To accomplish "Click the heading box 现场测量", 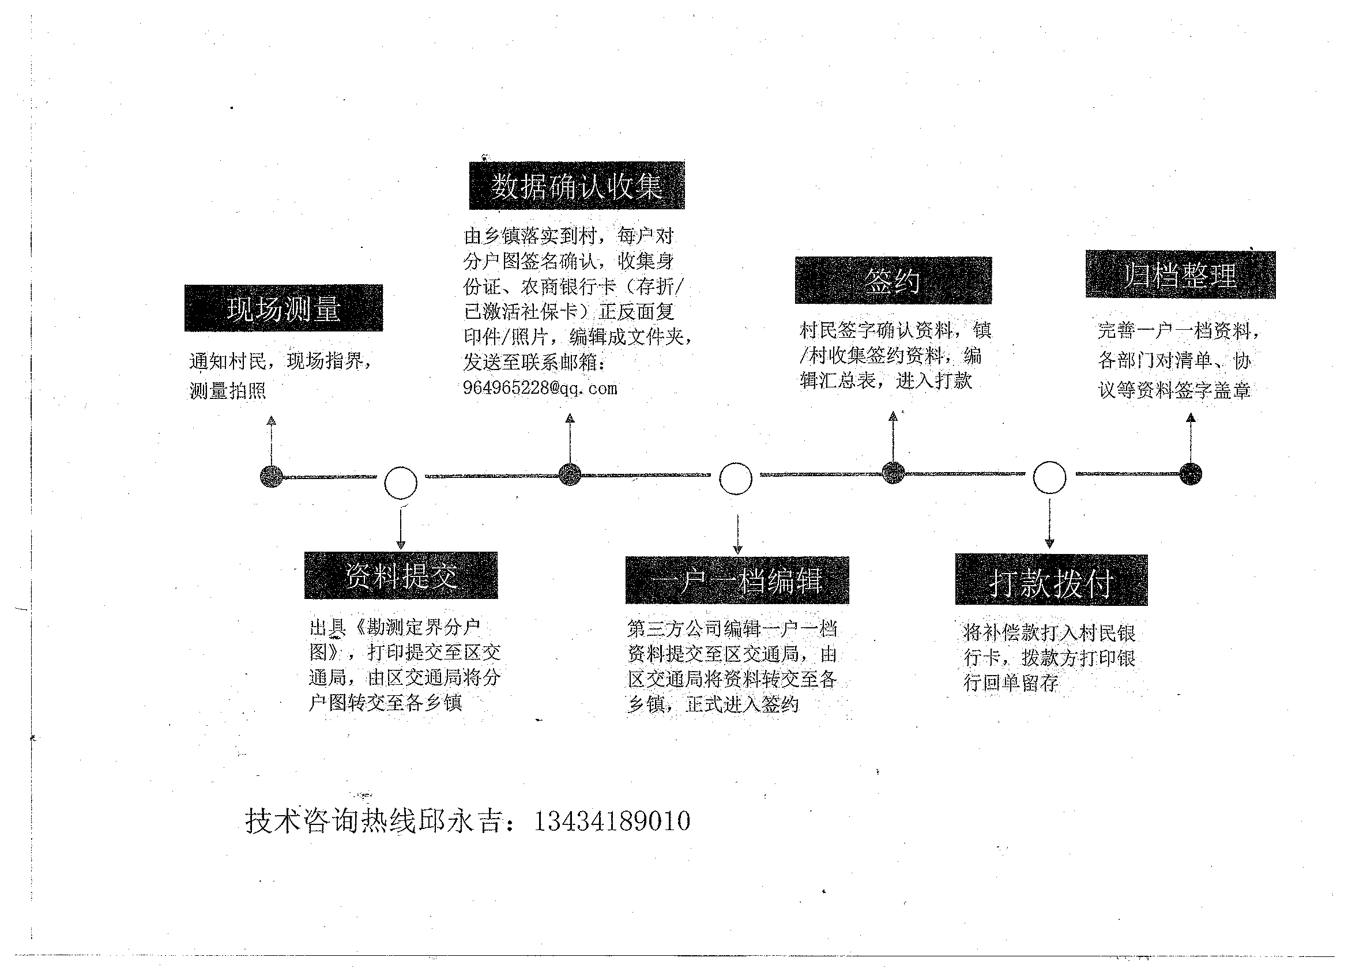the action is tap(284, 308).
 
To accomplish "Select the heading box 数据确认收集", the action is tap(577, 186).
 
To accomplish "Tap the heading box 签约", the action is tap(893, 280).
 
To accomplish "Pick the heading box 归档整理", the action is tap(1180, 274).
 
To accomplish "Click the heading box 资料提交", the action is tap(401, 575).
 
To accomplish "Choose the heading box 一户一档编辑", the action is tap(737, 580).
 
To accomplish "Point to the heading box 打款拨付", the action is tap(1052, 580).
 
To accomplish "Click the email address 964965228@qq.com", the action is tap(540, 388).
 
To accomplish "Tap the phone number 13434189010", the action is tap(612, 821).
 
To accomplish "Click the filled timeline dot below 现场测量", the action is tap(272, 477).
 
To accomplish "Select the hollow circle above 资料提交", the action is tap(401, 483).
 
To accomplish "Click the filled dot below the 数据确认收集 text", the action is tap(570, 474).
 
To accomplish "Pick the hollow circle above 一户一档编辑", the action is tap(736, 478).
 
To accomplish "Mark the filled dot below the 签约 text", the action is tap(893, 473).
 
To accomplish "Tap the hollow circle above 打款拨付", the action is tap(1050, 477).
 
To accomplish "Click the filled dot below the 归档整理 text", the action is tap(1191, 474).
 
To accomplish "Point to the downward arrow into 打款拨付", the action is tap(1050, 523).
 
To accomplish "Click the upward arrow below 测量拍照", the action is tap(272, 440).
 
